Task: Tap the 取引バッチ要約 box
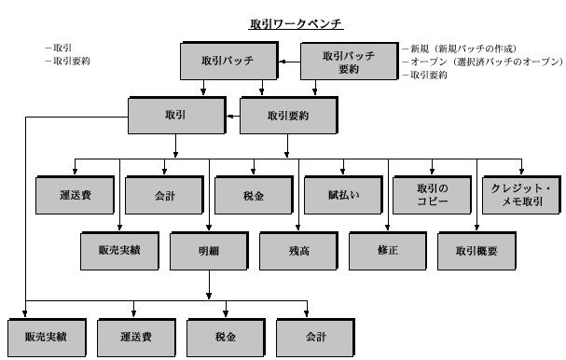347,62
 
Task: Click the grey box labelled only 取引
174,115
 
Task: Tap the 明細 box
208,249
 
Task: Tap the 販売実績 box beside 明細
119,249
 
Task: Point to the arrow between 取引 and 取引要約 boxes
231,115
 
